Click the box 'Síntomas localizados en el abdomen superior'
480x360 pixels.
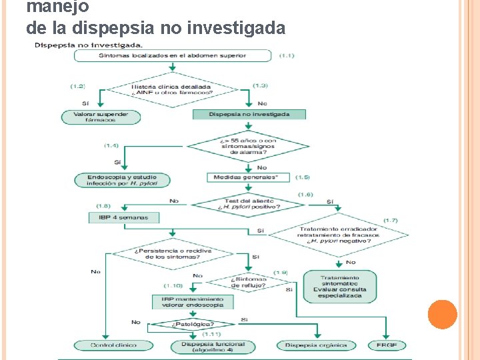(173, 55)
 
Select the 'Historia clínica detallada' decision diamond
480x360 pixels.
(171, 89)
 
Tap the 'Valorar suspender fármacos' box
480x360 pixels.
(101, 117)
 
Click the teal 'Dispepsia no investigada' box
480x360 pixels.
(249, 114)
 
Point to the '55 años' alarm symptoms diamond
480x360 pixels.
(248, 147)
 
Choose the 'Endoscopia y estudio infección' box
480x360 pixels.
(122, 180)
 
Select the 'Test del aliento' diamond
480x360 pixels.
(249, 203)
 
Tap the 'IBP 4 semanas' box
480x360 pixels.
(124, 217)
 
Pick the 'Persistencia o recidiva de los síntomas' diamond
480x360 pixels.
(173, 254)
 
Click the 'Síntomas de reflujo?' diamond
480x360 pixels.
(249, 282)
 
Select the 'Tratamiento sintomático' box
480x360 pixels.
(340, 287)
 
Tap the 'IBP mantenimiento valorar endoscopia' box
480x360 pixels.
(193, 302)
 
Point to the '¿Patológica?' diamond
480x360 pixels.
(193, 325)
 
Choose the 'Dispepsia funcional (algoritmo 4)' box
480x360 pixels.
(209, 347)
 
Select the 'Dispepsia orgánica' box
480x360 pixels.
(316, 345)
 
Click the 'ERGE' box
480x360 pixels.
(386, 345)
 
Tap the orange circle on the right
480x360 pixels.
(442, 315)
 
